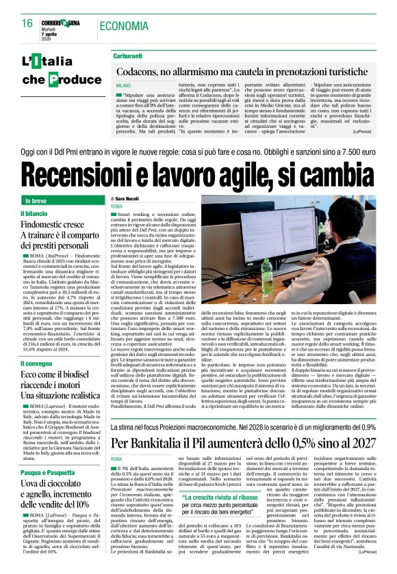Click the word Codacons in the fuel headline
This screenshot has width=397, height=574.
pyautogui.click(x=142, y=71)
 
